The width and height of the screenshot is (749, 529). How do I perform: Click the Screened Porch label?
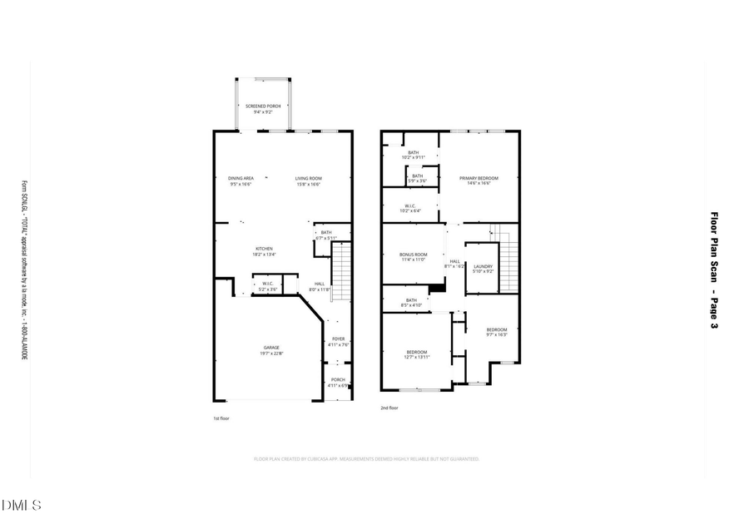(x=262, y=106)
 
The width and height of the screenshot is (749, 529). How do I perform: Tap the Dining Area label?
(x=241, y=179)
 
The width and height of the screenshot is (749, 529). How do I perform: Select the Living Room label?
(x=308, y=179)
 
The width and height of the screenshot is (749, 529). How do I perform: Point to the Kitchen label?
(x=264, y=250)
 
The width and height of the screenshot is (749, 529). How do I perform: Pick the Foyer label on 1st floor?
(x=338, y=339)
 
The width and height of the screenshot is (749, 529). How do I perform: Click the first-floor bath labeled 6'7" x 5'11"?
(x=326, y=234)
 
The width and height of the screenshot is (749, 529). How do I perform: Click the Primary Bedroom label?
(x=479, y=179)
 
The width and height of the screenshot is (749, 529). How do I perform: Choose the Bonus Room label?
(x=414, y=255)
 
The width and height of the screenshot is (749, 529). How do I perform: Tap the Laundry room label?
(x=483, y=267)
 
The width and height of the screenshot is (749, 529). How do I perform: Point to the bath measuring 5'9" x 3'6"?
(x=417, y=176)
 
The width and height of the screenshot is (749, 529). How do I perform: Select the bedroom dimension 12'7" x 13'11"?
(x=417, y=356)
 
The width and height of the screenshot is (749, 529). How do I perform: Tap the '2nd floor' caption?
(x=390, y=408)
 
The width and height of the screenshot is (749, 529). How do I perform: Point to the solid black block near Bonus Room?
(x=436, y=287)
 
